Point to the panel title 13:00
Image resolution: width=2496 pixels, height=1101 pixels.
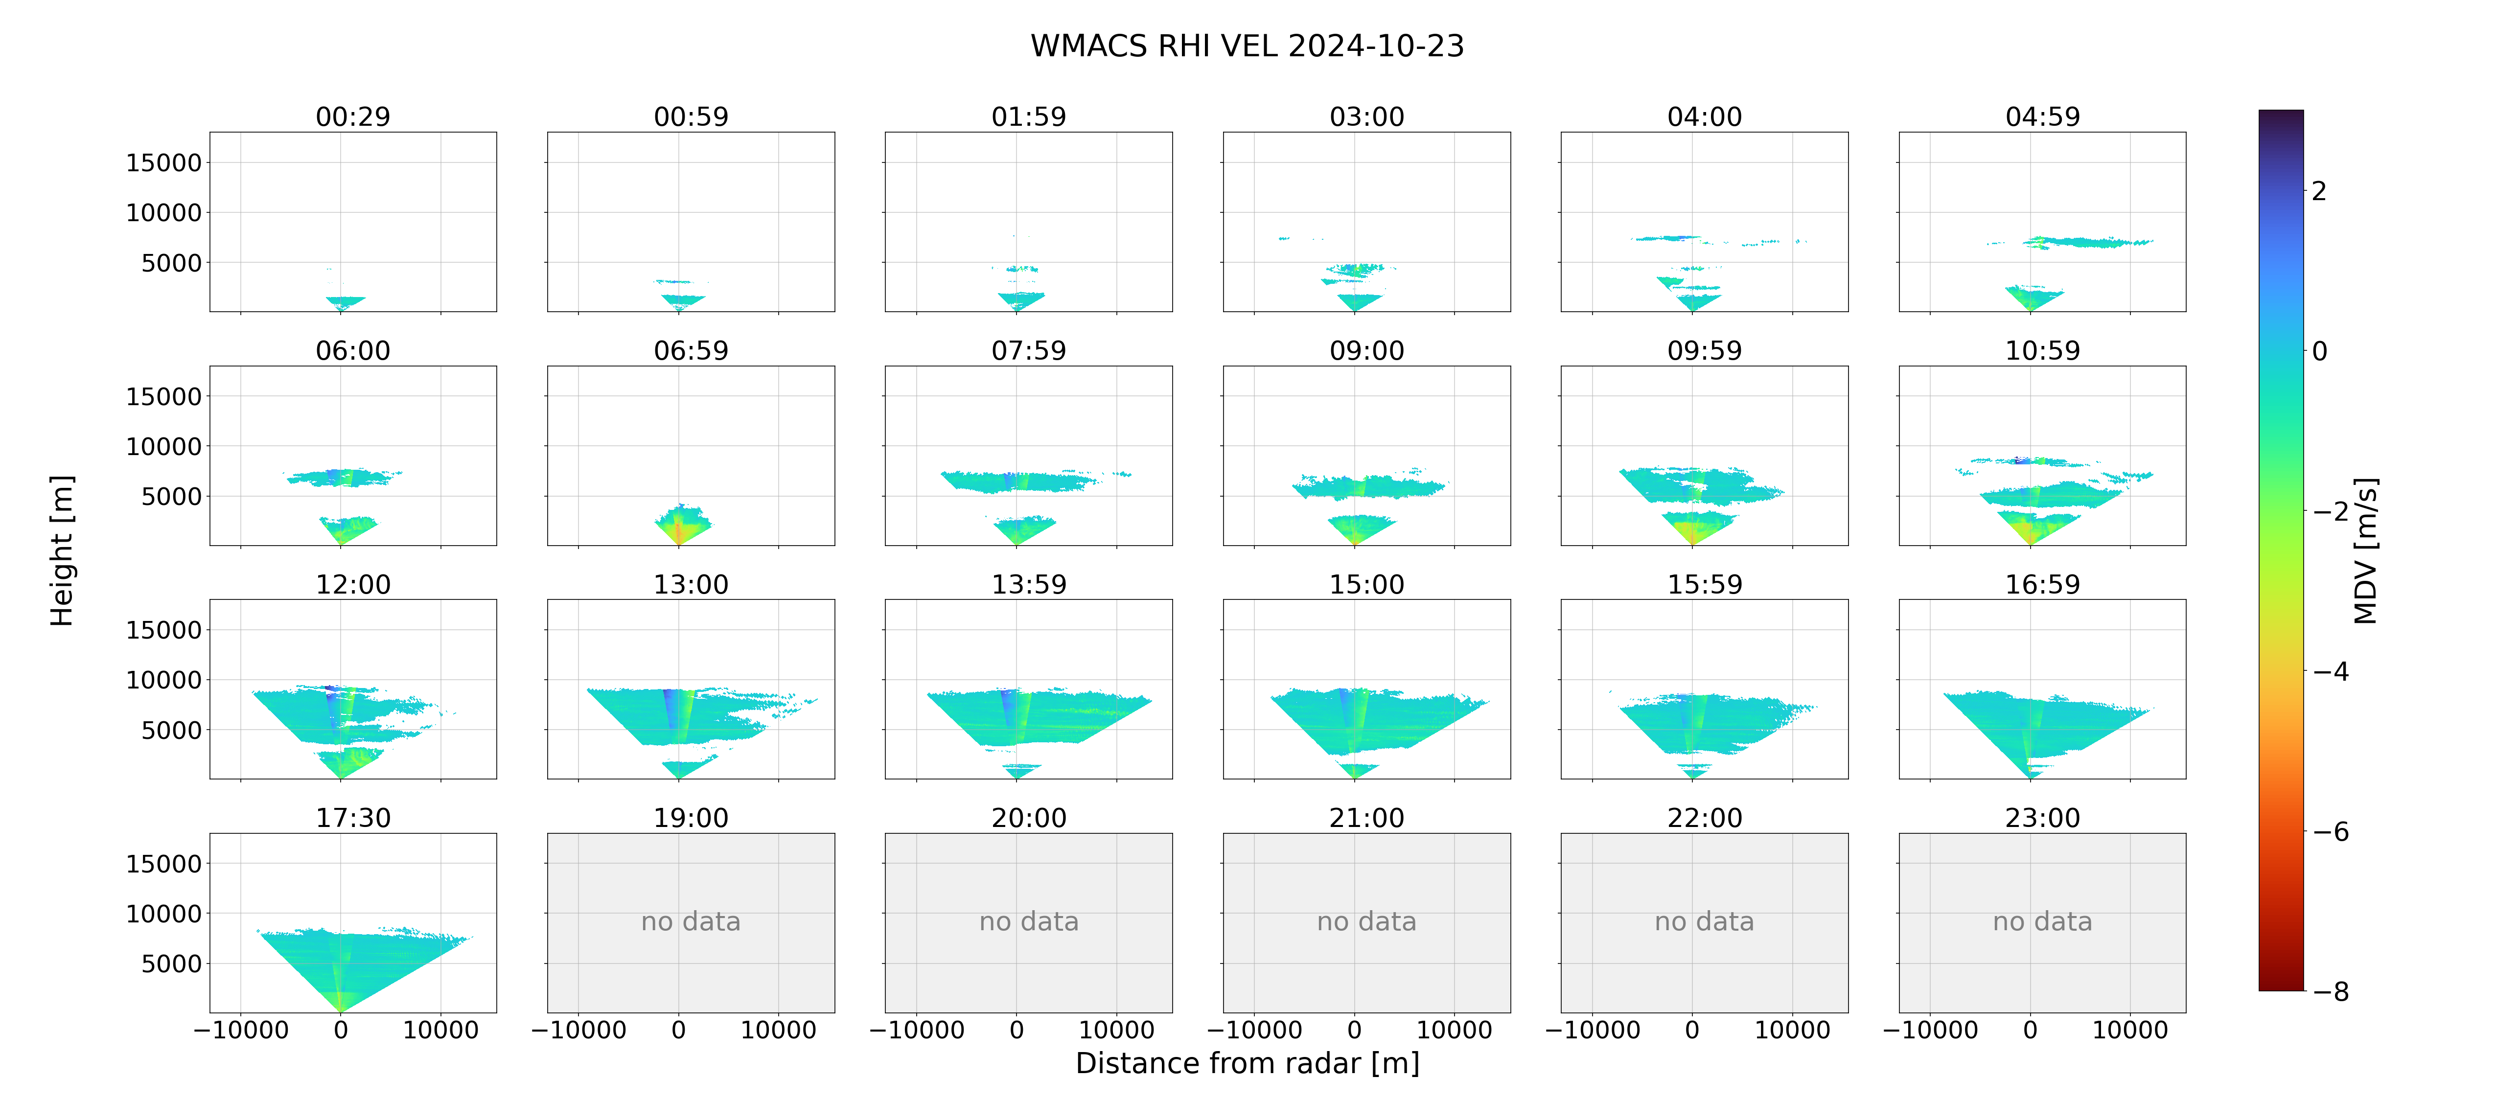(691, 584)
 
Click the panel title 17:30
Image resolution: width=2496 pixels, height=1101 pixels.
(353, 818)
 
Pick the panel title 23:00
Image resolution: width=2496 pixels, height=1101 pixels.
(2042, 818)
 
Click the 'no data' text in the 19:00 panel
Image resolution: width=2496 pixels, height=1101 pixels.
(691, 922)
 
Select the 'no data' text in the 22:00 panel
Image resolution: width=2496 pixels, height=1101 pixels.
(1704, 922)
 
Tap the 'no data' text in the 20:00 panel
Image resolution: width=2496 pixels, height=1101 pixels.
(1029, 922)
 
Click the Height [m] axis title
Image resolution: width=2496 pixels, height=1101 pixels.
(61, 550)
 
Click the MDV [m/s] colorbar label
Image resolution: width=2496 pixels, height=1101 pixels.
(2366, 550)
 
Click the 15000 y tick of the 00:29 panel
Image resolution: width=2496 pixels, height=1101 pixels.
(164, 163)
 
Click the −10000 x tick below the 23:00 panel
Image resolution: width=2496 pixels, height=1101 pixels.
(1930, 1030)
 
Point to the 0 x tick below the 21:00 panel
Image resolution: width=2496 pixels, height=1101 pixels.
(1355, 1030)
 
